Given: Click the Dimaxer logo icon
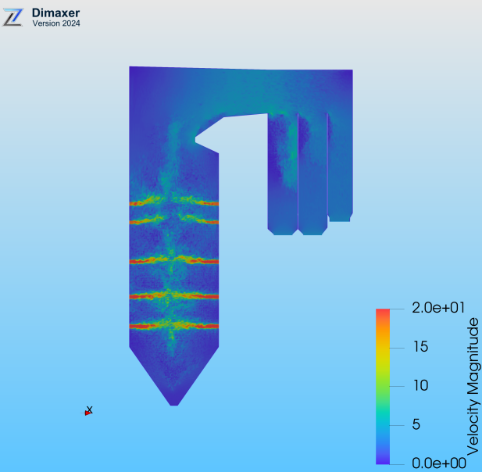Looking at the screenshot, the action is tap(13, 17).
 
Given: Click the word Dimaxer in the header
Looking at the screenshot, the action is tap(56, 13).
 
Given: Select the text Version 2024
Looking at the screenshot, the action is tap(56, 23).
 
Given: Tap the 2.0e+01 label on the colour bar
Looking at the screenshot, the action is tap(438, 308).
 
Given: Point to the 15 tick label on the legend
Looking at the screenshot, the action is tap(421, 347).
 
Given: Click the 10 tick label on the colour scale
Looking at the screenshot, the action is tap(421, 385).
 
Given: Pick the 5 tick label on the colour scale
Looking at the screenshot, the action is tap(416, 424).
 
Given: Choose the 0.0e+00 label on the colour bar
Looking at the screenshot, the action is tap(439, 463).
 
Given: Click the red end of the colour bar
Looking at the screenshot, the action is tap(383, 310).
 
